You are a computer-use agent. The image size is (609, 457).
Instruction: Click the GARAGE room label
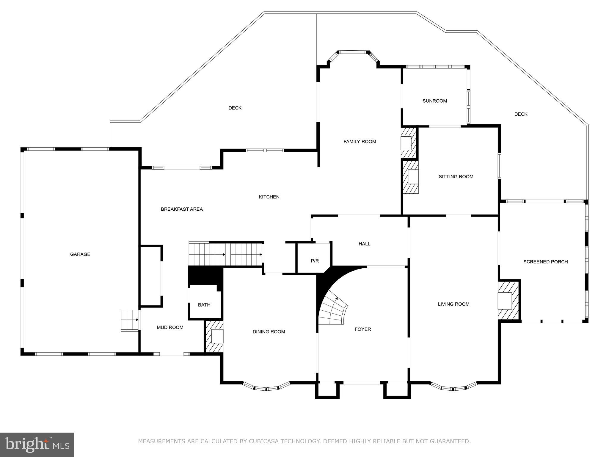click(80, 254)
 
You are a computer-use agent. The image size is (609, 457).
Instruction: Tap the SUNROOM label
click(434, 101)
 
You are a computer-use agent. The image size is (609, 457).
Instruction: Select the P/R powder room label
click(315, 261)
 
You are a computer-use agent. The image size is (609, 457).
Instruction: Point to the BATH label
click(204, 305)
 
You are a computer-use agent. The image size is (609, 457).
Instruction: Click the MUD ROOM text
click(170, 327)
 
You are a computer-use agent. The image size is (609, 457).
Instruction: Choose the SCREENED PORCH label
click(545, 262)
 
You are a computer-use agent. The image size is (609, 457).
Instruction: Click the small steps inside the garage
click(129, 320)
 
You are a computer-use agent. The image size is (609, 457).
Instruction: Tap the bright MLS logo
click(37, 445)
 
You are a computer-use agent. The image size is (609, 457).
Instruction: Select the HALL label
click(364, 244)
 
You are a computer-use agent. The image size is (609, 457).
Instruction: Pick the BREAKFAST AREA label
click(182, 209)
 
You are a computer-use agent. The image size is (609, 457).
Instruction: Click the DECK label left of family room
click(235, 108)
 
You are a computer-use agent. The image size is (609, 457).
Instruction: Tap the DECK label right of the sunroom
click(521, 114)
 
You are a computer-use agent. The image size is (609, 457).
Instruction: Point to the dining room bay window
click(266, 387)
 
